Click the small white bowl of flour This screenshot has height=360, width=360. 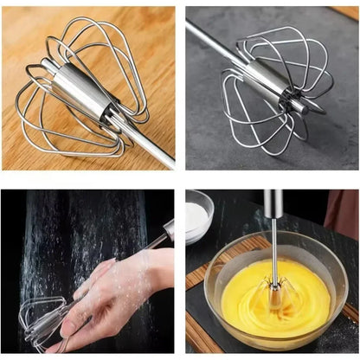(199, 218)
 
